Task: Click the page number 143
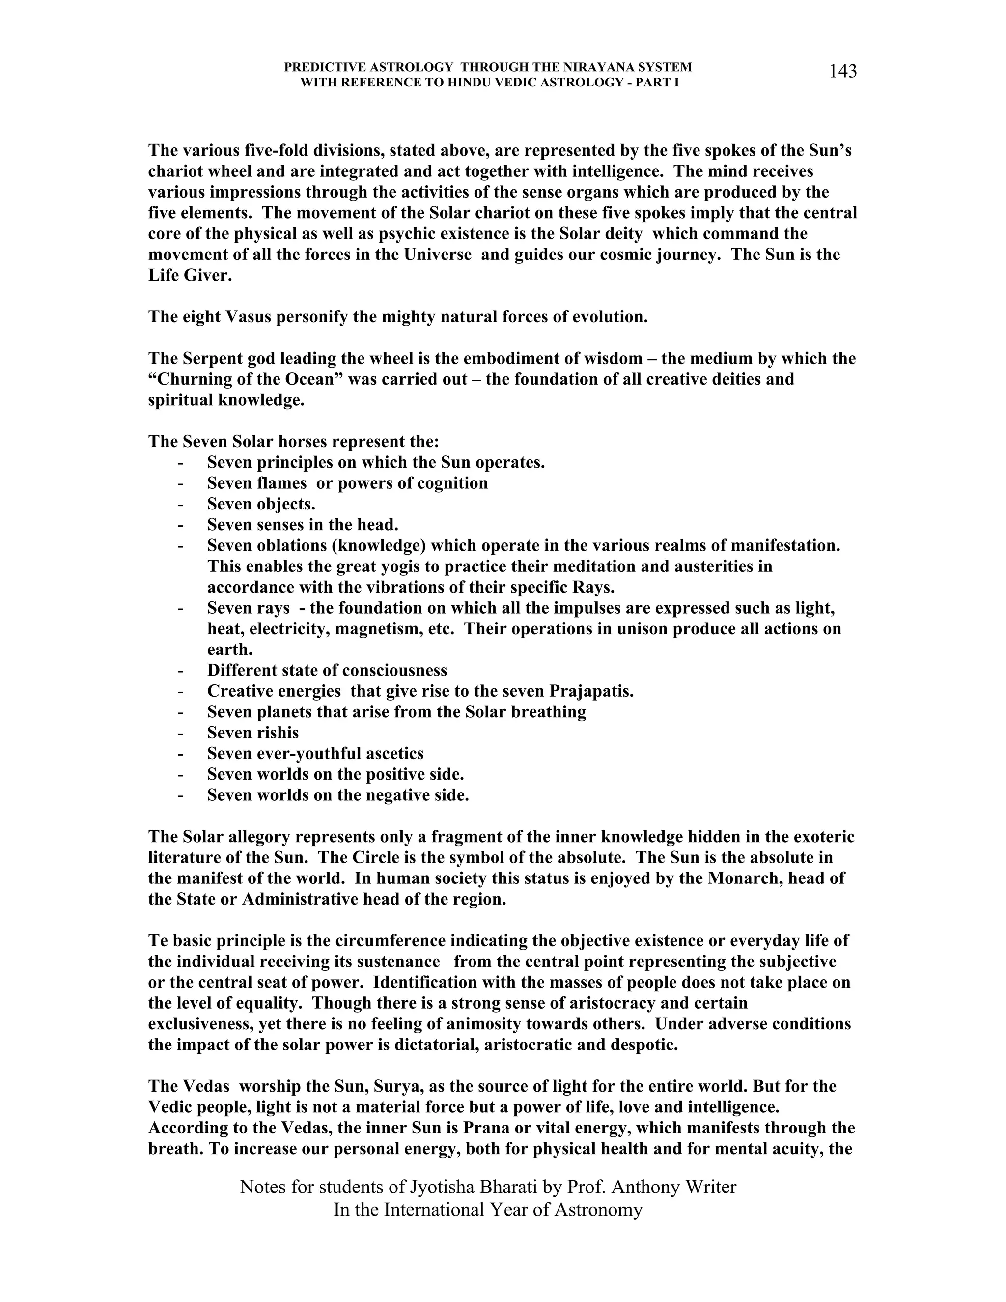[843, 72]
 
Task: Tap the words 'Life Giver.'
[190, 276]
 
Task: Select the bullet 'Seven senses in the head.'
[302, 525]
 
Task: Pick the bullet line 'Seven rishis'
[252, 733]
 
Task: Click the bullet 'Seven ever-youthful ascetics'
[315, 754]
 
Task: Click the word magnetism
[378, 629]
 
